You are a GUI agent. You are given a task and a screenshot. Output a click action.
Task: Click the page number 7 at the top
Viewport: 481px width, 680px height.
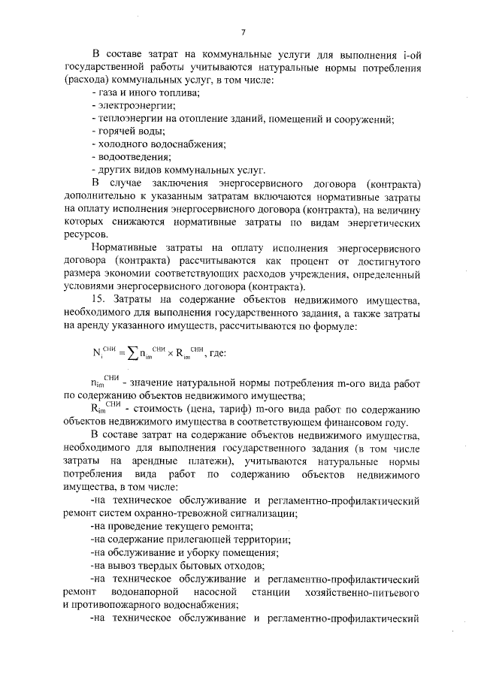point(244,32)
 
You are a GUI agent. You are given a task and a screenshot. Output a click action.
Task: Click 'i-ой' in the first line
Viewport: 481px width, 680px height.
point(415,53)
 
